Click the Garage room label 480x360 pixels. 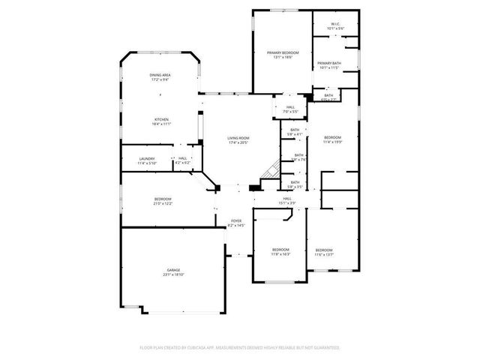point(174,272)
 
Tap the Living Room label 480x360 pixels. point(238,139)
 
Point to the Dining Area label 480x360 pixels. point(160,77)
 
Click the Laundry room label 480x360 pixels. point(147,160)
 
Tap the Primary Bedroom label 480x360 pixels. point(283,54)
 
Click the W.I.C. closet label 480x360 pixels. point(335,27)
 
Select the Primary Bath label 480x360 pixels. point(329,65)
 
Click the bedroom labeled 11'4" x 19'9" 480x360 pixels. point(332,139)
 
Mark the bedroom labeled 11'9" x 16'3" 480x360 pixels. point(280,251)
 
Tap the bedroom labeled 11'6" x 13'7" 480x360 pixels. point(324,252)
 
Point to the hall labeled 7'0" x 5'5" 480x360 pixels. point(290,109)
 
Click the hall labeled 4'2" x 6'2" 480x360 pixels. point(182,160)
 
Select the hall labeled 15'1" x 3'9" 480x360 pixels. point(287,199)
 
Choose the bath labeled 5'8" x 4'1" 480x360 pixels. point(295,132)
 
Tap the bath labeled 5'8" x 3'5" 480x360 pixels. point(295,184)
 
